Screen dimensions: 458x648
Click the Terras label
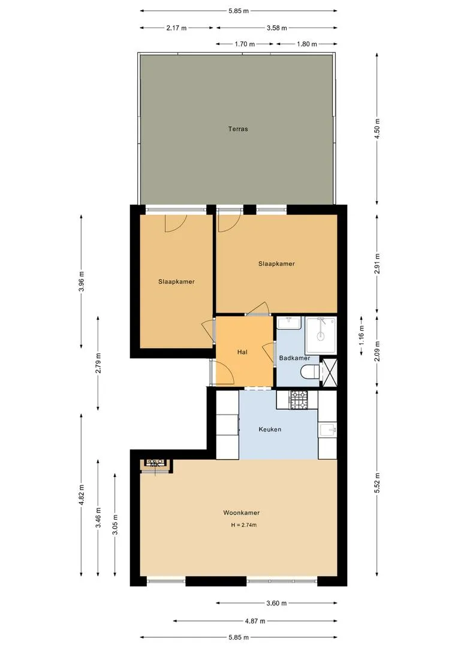pos(238,129)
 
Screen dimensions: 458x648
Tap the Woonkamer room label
pos(241,512)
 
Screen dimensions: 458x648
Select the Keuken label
pos(270,430)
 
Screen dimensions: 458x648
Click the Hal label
pos(242,352)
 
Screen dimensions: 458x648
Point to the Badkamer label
pos(294,358)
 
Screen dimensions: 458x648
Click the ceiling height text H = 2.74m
pos(243,525)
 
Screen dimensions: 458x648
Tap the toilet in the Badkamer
pos(310,372)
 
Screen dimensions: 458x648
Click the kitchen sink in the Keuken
pos(328,430)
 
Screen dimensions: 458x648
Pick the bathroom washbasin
pos(289,323)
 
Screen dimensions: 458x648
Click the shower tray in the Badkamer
pos(321,335)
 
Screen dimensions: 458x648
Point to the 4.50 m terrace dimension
pos(376,128)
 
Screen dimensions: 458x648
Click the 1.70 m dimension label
pos(245,44)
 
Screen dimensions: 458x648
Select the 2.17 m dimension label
pos(176,28)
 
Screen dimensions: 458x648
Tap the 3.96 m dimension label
pos(82,281)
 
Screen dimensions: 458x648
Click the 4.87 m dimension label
pos(255,621)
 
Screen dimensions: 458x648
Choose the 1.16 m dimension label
pos(361,335)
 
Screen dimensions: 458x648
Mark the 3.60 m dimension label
pos(276,603)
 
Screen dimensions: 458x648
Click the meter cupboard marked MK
pos(155,465)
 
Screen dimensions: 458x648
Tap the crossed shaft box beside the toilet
pos(329,373)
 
